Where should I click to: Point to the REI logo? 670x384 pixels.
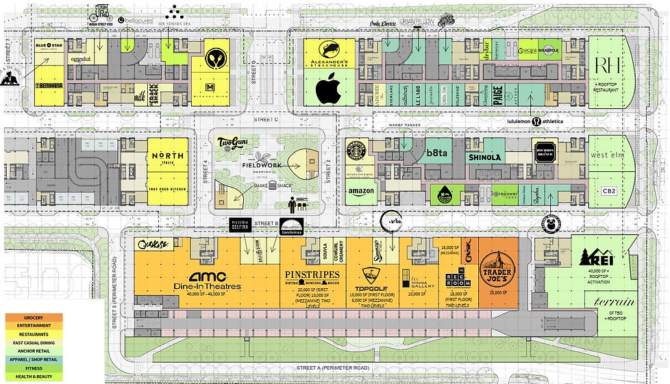click(x=593, y=258)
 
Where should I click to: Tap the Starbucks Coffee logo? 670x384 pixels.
click(x=356, y=151)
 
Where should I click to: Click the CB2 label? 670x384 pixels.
click(x=609, y=191)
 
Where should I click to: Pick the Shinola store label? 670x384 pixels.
click(x=485, y=157)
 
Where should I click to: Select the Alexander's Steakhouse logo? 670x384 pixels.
click(x=330, y=53)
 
